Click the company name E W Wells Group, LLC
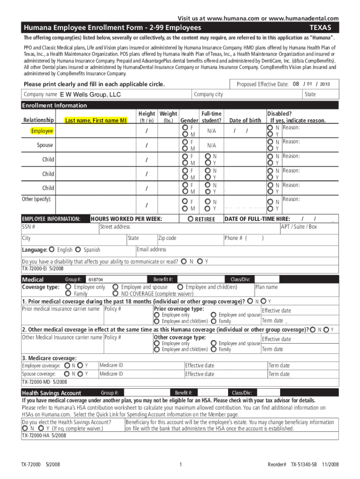90,94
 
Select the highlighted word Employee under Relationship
42,131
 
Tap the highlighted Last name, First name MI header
96,121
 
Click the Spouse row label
45,145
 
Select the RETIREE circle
190,219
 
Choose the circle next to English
52,250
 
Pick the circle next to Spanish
78,250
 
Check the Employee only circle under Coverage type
69,287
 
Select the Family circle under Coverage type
69,294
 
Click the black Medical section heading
33,280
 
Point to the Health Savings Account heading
51,393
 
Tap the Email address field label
151,249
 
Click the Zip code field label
167,238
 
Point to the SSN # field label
29,227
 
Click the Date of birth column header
245,121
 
